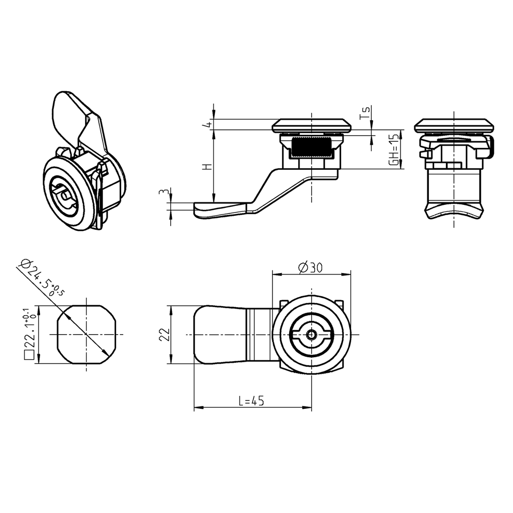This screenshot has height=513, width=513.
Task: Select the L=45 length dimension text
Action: pyautogui.click(x=251, y=401)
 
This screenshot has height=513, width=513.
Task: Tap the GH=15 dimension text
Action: pyautogui.click(x=395, y=149)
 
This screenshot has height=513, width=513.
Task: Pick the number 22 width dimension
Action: pyautogui.click(x=163, y=334)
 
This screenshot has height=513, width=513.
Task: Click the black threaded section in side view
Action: pyautogui.click(x=311, y=147)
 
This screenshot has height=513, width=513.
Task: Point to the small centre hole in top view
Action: pyautogui.click(x=312, y=335)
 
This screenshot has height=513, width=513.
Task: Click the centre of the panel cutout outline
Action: pyautogui.click(x=87, y=335)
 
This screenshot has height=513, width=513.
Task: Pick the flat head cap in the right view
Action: pyautogui.click(x=454, y=125)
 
